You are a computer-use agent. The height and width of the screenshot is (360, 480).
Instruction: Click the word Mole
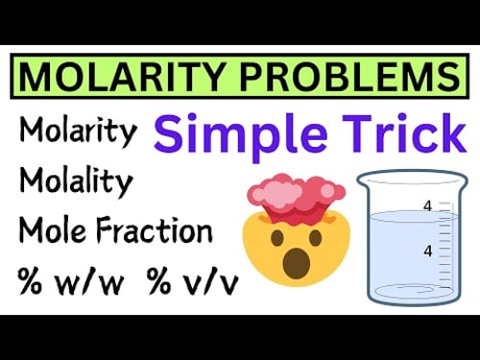(53, 231)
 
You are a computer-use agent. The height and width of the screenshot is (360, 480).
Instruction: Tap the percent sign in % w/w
(29, 282)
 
